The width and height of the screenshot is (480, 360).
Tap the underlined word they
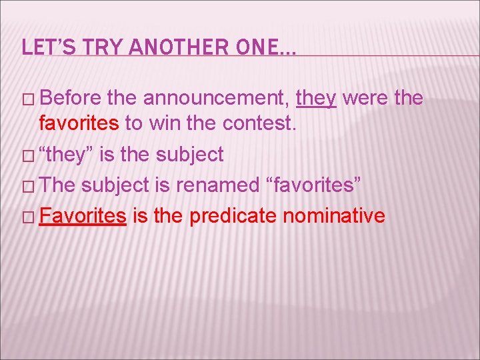[316, 98]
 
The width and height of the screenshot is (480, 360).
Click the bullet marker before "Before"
[27, 99]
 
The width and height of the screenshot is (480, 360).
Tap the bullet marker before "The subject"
[27, 186]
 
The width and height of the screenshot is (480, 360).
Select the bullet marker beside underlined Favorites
[27, 216]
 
